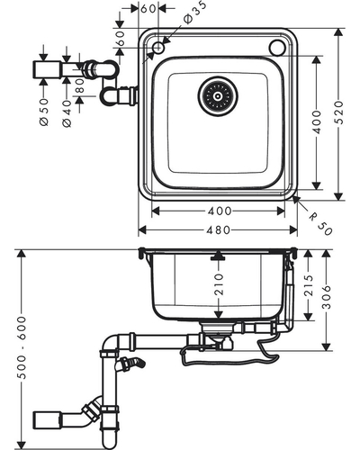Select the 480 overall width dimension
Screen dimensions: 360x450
click(219, 230)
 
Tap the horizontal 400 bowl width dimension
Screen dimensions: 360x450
click(220, 211)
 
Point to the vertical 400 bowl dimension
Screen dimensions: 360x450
click(317, 121)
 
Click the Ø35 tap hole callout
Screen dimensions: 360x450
click(194, 12)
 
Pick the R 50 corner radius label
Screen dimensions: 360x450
click(320, 223)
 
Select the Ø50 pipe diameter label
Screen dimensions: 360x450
click(44, 112)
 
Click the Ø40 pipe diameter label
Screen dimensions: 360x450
click(67, 113)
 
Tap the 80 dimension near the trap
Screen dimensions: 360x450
click(80, 85)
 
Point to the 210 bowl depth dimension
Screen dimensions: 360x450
click(220, 283)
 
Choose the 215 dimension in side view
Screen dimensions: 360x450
click(309, 285)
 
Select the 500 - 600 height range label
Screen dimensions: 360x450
click(22, 347)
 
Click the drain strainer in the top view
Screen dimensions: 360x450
click(218, 96)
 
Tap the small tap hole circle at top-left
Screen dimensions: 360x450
click(158, 48)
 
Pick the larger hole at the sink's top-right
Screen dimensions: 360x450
click(276, 48)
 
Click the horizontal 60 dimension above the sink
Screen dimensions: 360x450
click(148, 9)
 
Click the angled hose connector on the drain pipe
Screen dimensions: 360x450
click(131, 363)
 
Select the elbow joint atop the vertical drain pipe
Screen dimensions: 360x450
click(111, 344)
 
